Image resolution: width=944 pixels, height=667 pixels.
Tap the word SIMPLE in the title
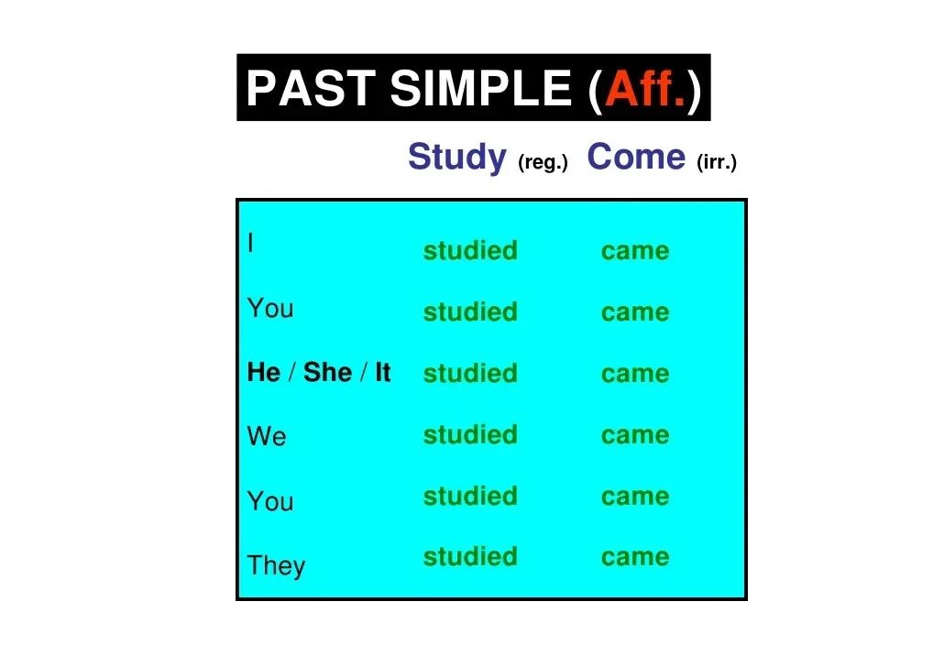[x=479, y=89]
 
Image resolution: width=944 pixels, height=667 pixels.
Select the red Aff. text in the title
[x=645, y=89]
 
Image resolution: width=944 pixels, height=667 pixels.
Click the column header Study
[x=456, y=158]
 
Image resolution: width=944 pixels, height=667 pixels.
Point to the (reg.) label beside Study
[x=543, y=163]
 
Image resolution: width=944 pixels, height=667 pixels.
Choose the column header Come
[x=636, y=158]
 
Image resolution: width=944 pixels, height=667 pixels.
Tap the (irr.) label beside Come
[x=716, y=163]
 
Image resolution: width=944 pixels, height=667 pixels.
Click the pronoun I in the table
[x=250, y=244]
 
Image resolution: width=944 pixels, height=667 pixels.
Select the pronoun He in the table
[x=264, y=373]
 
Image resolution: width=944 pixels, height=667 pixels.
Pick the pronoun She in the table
[x=327, y=373]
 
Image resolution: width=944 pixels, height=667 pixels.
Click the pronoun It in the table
[x=382, y=373]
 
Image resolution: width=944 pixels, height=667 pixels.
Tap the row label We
[x=267, y=437]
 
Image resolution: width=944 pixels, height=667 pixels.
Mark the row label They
[x=276, y=565]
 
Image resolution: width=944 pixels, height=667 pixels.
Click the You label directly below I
[x=270, y=309]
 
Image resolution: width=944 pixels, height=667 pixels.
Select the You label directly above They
[x=270, y=501]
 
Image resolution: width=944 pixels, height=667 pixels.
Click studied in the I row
[x=470, y=251]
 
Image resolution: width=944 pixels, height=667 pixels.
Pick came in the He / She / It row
[x=635, y=374]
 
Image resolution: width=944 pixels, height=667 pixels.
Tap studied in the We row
[x=470, y=434]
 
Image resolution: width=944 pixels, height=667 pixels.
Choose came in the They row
[x=635, y=557]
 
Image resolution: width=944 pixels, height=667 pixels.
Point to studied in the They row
[x=470, y=557]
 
